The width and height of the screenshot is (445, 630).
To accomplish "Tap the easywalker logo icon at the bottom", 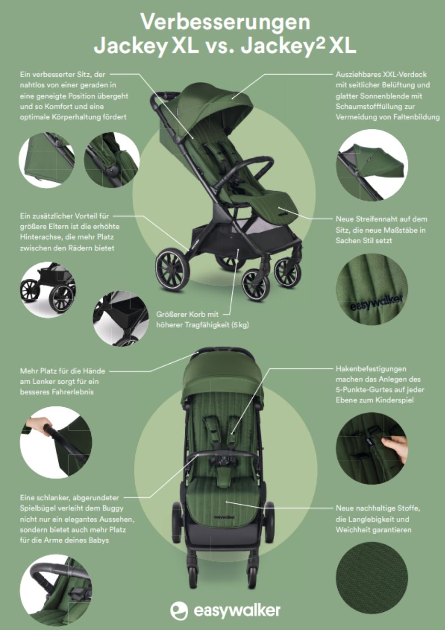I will (x=179, y=610).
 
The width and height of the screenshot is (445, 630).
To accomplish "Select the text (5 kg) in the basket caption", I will (x=240, y=325).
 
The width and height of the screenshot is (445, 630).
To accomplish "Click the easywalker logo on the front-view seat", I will (x=225, y=517).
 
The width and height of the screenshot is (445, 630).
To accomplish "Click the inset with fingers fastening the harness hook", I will (x=372, y=449).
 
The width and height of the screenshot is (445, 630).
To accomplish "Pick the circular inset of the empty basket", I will (x=120, y=318).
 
